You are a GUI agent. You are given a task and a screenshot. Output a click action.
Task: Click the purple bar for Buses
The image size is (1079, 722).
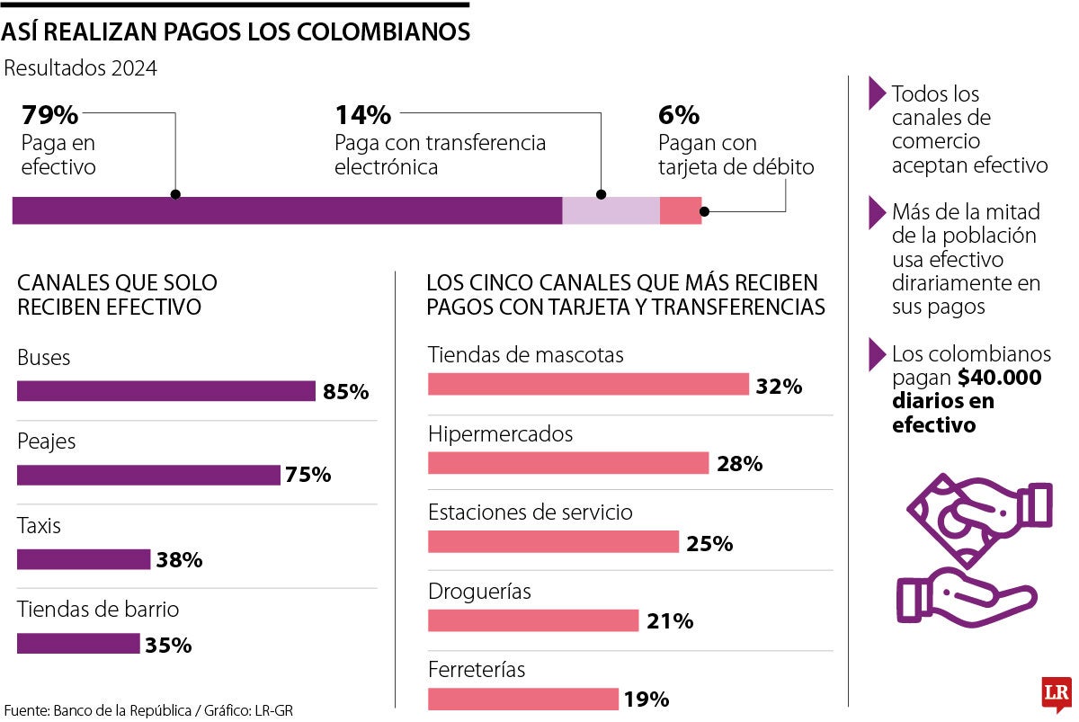(166, 391)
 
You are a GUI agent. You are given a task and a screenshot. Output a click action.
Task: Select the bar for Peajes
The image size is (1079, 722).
(148, 475)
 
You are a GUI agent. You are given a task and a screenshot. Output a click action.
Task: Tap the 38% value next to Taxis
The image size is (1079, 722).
(179, 560)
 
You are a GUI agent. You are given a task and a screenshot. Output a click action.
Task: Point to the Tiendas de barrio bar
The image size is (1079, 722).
(78, 644)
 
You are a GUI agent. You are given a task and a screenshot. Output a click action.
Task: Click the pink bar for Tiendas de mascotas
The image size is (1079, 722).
(588, 385)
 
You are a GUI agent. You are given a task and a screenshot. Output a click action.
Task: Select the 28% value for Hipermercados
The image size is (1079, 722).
(740, 464)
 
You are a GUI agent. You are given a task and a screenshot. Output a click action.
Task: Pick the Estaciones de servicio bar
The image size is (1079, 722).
(553, 542)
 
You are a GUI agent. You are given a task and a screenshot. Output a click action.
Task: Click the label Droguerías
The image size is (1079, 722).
(479, 592)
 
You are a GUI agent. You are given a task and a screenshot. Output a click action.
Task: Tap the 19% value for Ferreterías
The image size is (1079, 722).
(647, 700)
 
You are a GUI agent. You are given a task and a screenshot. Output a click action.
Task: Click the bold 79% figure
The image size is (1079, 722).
(49, 115)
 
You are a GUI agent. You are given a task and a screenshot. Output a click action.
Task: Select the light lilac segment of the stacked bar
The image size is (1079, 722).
(611, 210)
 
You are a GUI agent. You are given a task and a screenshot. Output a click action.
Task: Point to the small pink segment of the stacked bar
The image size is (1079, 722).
(680, 210)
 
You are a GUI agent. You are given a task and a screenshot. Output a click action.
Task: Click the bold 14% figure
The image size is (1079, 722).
(363, 115)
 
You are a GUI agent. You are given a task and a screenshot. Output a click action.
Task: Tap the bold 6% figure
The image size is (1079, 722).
(679, 115)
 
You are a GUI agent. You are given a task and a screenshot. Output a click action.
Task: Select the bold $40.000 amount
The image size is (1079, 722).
(999, 378)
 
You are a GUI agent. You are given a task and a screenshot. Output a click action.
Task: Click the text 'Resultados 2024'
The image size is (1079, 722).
(81, 68)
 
